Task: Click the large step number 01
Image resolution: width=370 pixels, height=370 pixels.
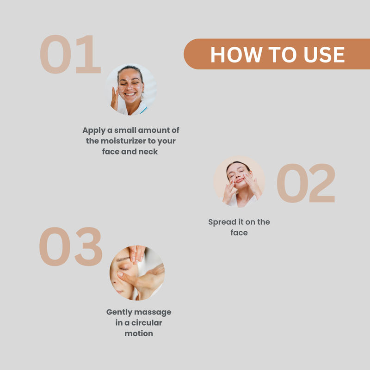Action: (70, 54)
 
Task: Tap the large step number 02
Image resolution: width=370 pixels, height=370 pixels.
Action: (306, 183)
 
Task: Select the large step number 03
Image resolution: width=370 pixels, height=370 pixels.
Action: (71, 247)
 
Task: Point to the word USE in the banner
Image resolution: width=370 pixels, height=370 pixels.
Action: (324, 55)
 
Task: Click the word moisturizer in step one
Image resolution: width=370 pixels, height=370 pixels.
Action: (123, 141)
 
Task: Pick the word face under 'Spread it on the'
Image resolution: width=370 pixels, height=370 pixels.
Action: (239, 233)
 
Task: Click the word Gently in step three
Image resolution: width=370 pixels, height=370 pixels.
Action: (119, 312)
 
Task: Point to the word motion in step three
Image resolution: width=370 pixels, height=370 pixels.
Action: (139, 333)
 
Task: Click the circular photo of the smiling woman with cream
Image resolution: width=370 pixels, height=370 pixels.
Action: (131, 89)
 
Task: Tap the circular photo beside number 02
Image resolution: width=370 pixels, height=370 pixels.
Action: (239, 182)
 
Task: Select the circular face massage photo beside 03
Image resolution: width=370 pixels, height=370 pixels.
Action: (137, 273)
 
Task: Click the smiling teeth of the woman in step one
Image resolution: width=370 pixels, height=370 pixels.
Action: (130, 94)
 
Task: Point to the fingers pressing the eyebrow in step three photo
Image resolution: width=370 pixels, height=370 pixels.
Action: (136, 254)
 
